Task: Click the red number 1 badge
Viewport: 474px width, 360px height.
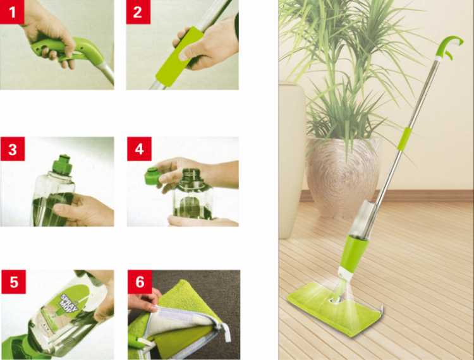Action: click(12, 12)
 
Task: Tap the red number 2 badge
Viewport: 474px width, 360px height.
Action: click(138, 12)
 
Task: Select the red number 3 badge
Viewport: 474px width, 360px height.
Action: click(13, 149)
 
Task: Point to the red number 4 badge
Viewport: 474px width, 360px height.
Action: click(139, 149)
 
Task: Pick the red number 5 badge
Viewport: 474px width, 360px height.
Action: click(14, 282)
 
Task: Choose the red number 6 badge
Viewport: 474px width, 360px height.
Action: click(140, 282)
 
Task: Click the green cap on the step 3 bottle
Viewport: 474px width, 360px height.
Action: click(62, 165)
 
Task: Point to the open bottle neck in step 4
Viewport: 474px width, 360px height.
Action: click(191, 175)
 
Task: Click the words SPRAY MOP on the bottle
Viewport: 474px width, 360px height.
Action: click(69, 301)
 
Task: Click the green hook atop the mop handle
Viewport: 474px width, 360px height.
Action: click(449, 45)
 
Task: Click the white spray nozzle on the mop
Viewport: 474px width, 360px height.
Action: click(346, 273)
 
